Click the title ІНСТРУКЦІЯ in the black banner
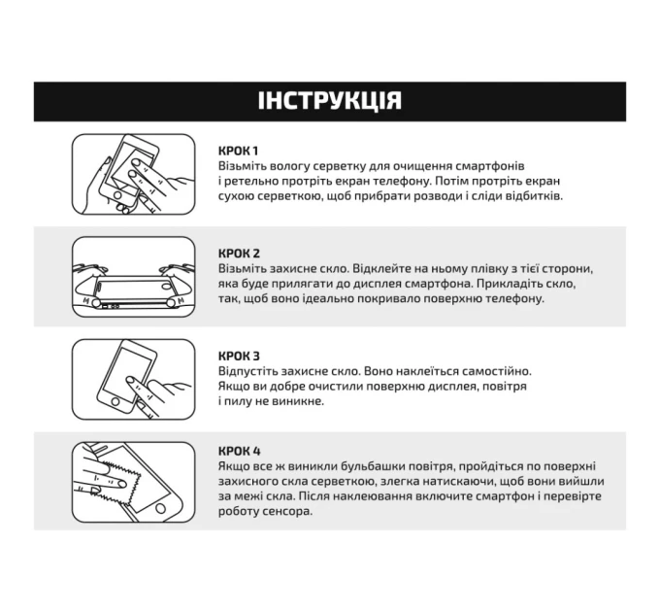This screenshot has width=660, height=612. click(x=330, y=101)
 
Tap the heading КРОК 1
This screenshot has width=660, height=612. click(x=238, y=151)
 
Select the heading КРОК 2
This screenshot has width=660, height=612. click(x=239, y=254)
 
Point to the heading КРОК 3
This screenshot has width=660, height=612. click(x=239, y=357)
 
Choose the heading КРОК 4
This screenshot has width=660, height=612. click(x=240, y=451)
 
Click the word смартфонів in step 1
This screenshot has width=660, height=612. click(x=490, y=166)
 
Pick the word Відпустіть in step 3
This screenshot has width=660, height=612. click(x=247, y=371)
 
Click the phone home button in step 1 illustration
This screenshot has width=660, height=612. click(x=118, y=196)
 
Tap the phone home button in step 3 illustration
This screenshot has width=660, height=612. click(x=115, y=401)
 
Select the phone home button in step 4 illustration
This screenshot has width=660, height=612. click(x=160, y=509)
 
